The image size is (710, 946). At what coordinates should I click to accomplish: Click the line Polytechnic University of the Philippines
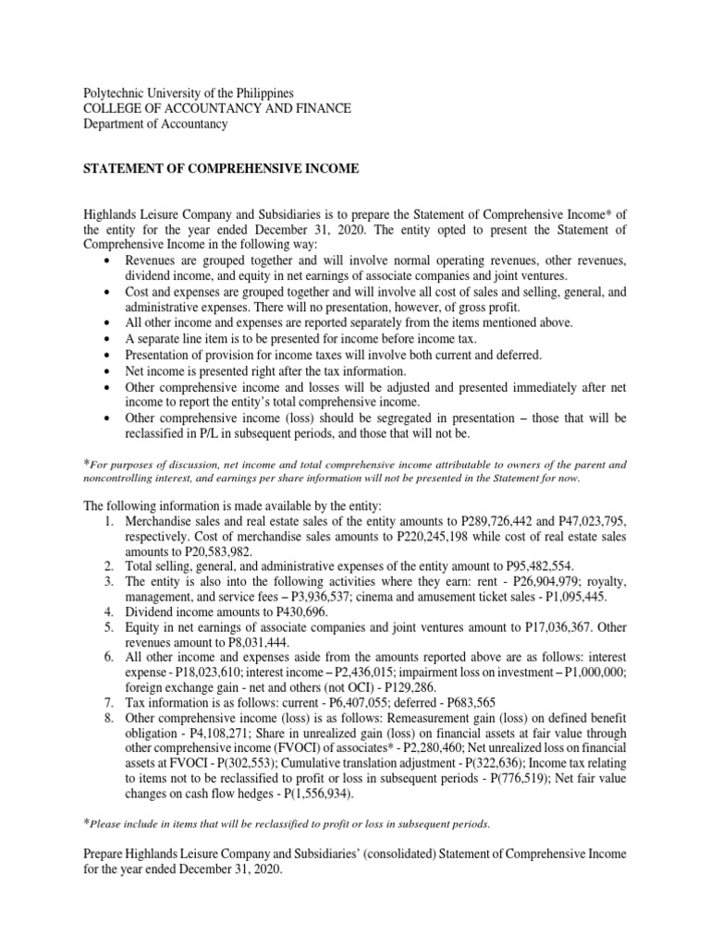[189, 93]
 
